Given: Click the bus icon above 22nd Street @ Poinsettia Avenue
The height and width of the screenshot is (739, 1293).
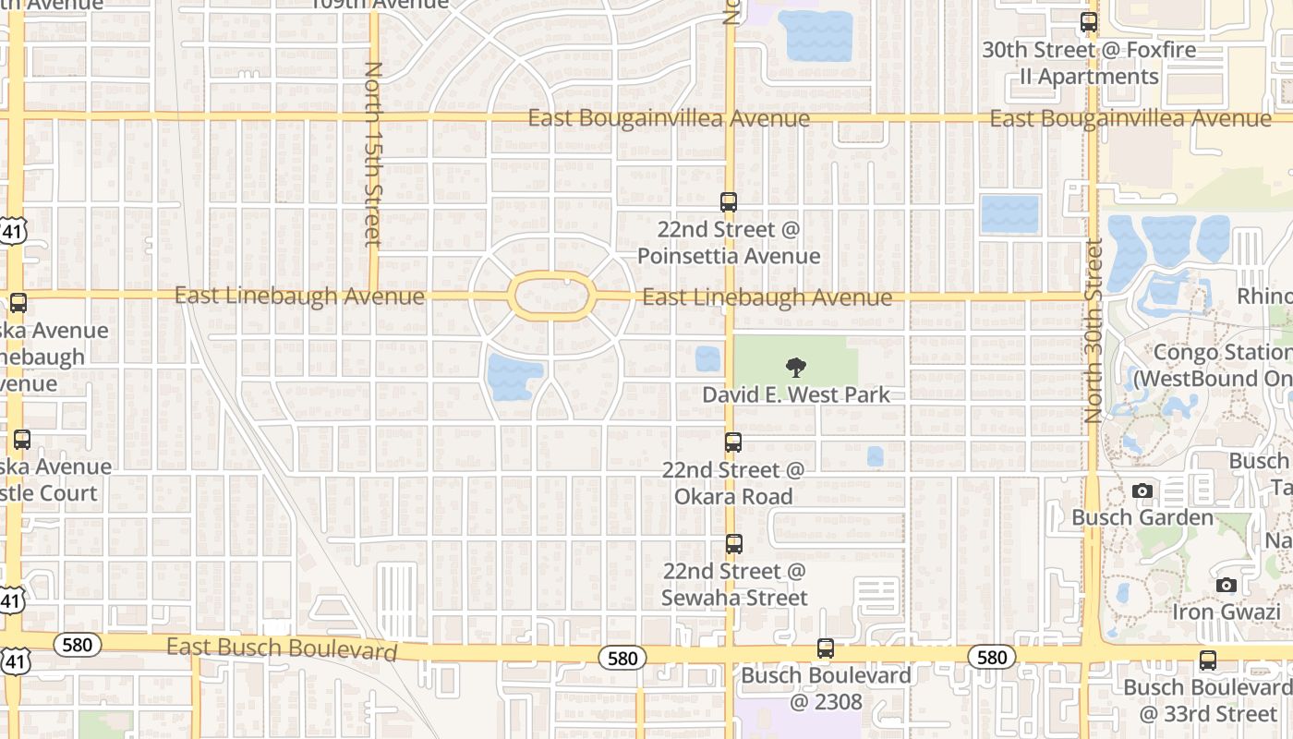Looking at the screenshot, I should (729, 201).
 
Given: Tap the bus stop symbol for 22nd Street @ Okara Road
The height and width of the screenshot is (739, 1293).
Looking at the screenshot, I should (733, 442).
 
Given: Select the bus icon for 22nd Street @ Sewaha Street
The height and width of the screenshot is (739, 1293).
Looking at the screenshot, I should (734, 544).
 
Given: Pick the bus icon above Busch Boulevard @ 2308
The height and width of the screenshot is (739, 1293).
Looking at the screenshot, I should (826, 648).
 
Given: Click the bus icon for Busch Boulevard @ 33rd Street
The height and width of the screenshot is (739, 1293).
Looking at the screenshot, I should (1208, 660).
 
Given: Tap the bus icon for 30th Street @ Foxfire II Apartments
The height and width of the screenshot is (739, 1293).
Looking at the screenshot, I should (1089, 22).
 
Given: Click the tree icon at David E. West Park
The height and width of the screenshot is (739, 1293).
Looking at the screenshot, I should (795, 368).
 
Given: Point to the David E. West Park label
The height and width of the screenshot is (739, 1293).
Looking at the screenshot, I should (796, 394).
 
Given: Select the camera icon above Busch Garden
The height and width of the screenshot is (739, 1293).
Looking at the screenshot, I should (1142, 491).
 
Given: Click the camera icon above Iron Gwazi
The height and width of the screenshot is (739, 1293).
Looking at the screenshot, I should (1227, 585).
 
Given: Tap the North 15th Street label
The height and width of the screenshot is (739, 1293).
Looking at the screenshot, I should (373, 153).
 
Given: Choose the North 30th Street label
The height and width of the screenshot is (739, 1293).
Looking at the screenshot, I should (1094, 331).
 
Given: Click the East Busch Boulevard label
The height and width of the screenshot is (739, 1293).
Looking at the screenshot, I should (282, 648).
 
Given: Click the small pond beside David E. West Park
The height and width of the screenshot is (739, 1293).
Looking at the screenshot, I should (707, 358).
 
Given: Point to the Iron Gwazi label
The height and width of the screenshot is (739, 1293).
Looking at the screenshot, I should (1226, 612).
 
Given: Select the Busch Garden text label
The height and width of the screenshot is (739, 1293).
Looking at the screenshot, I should (1142, 517).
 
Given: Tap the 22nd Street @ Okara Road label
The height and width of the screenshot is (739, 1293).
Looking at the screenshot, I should (733, 483).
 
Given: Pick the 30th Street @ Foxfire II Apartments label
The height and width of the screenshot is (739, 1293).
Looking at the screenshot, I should (1089, 63).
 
